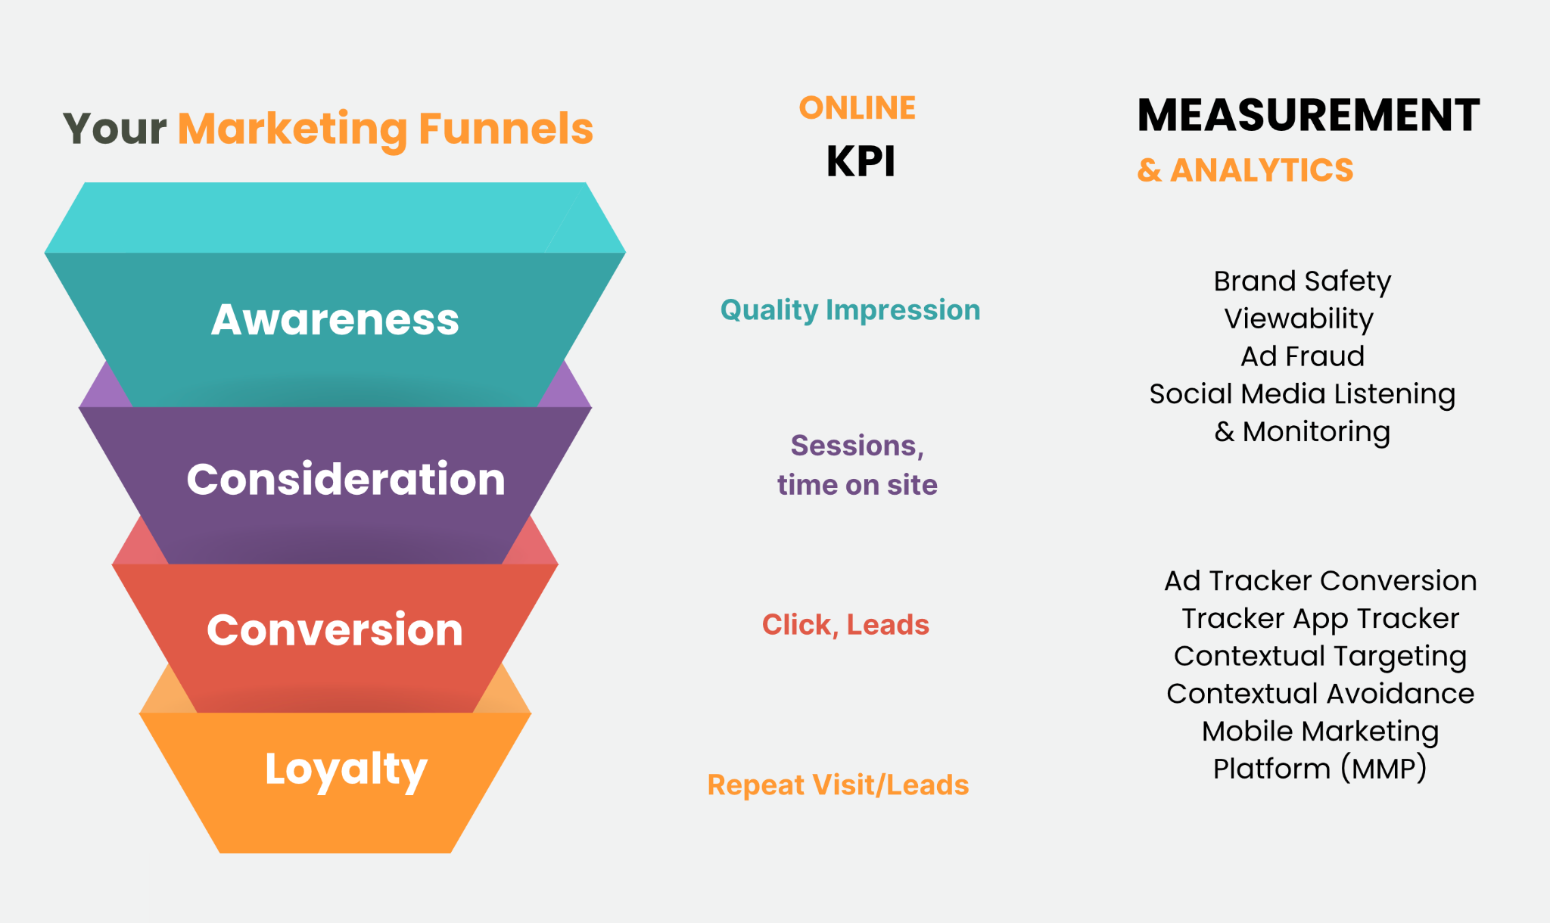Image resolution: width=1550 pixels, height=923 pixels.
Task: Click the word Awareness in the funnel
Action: coord(335,319)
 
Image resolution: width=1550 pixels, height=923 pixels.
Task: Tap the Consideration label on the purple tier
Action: coord(346,479)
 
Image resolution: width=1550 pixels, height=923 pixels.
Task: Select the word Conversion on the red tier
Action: coord(335,629)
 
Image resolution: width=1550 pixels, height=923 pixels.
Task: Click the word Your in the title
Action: coord(115,129)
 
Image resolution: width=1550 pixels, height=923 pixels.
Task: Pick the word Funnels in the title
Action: coord(506,129)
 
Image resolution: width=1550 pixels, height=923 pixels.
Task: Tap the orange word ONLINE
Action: coord(857,108)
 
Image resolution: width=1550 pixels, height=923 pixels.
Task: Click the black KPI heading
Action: coord(861,161)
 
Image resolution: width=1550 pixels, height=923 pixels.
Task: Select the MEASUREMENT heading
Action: coord(1309,115)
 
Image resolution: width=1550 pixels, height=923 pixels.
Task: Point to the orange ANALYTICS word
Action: coord(1262,170)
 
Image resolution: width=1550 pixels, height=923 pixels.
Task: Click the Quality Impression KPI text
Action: coord(850,310)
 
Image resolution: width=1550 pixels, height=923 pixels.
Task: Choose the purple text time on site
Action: coord(857,485)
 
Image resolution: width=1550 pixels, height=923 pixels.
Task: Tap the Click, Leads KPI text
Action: coord(845,625)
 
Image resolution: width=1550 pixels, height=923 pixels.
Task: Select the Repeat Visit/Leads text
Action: coord(838,785)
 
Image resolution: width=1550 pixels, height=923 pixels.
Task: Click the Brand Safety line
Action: coord(1303,281)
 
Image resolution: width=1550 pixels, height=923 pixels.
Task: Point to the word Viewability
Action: coord(1299,319)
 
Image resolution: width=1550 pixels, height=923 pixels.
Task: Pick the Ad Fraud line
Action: coord(1303,356)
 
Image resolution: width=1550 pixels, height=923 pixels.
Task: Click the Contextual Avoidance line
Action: coord(1321,694)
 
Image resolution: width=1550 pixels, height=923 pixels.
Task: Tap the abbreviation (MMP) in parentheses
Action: coord(1383,769)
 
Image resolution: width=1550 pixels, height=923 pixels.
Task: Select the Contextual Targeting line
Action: coord(1321,657)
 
